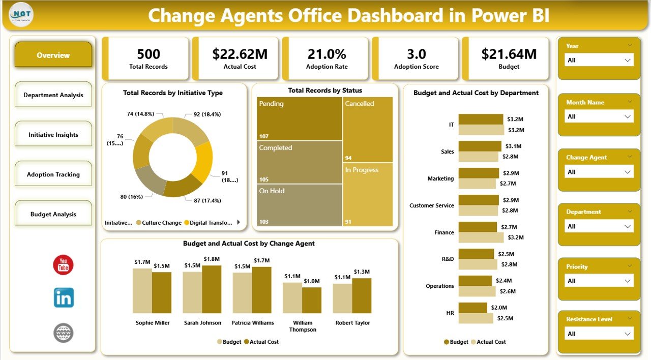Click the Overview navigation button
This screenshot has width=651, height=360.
[x=53, y=55]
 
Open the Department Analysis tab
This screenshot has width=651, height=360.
[x=53, y=95]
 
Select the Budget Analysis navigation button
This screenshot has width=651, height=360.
[x=53, y=214]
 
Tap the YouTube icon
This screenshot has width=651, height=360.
[x=64, y=265]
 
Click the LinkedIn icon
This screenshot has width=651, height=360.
[x=64, y=298]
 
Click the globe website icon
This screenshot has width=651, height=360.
[x=64, y=333]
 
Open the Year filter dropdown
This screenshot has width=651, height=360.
[x=599, y=60]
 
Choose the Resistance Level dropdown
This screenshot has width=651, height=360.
[x=599, y=334]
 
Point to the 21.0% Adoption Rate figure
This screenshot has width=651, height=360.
[x=327, y=54]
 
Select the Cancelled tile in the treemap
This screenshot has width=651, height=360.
[x=367, y=129]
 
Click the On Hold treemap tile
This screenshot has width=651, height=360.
[x=299, y=204]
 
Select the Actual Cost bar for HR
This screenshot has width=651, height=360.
[x=476, y=318]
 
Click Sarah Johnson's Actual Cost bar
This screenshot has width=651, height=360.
[x=212, y=289]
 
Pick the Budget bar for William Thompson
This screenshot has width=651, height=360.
[x=292, y=297]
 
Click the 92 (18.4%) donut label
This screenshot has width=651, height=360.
[x=207, y=114]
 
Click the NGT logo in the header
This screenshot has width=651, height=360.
[x=18, y=15]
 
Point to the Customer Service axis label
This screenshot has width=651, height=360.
[x=431, y=205]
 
